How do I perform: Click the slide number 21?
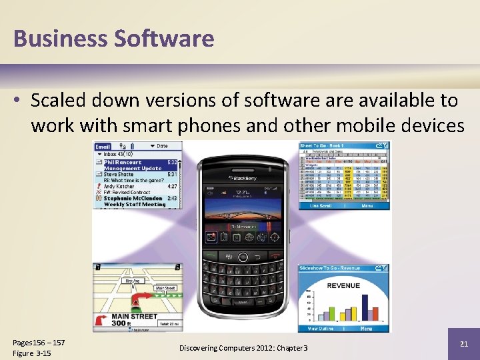click(464, 343)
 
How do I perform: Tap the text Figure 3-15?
click(32, 353)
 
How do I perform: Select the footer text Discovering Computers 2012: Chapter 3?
click(243, 349)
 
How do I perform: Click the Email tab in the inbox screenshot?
click(103, 146)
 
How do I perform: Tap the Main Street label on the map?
click(134, 317)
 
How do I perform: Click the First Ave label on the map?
click(134, 281)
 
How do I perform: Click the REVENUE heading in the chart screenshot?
click(343, 285)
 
